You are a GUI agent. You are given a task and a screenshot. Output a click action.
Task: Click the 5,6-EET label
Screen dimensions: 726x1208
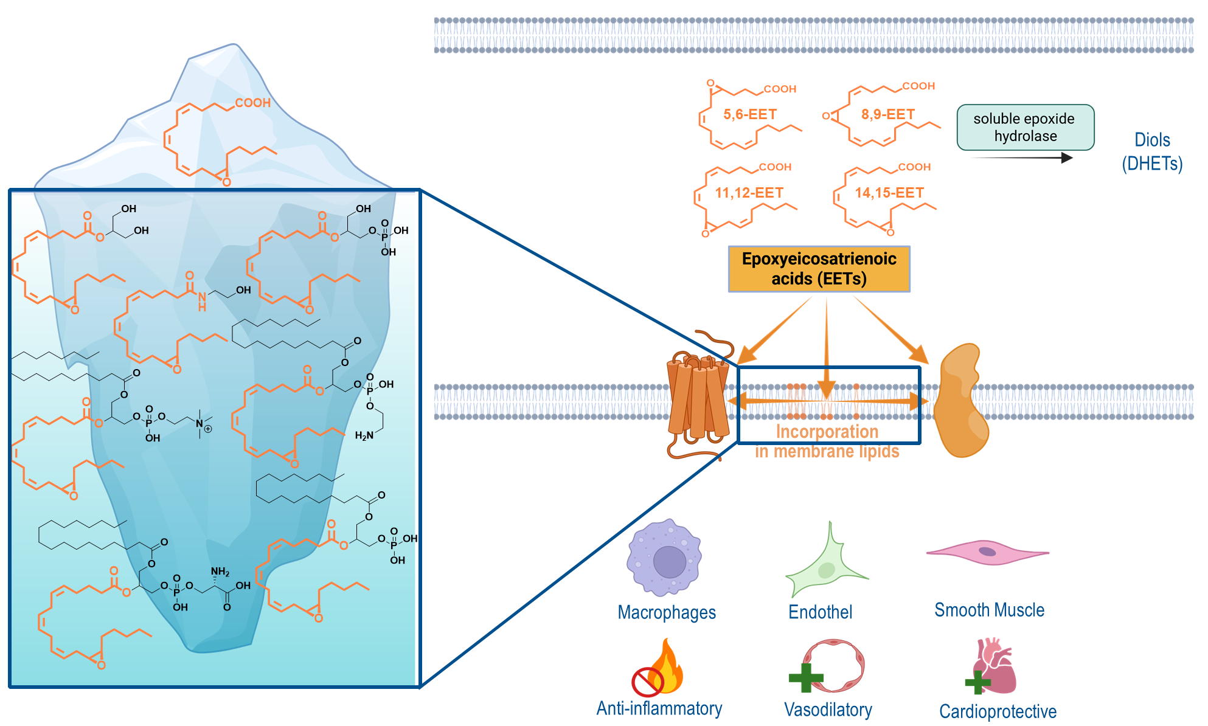tap(749, 114)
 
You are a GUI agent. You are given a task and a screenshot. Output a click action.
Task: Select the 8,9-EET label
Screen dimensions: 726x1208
tap(887, 114)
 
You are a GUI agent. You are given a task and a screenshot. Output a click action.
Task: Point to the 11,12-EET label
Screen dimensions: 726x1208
tap(749, 193)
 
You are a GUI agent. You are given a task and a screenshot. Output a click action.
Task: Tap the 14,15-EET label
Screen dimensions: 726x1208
tap(889, 193)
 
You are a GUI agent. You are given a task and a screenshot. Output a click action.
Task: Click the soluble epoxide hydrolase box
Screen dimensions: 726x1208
tap(1025, 127)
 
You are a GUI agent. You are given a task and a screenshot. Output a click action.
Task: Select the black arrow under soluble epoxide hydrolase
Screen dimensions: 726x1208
tap(1022, 158)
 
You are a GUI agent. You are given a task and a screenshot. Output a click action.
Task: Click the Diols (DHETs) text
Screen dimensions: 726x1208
tap(1152, 151)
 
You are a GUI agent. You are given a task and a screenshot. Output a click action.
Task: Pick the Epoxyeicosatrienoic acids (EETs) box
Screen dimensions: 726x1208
tap(819, 269)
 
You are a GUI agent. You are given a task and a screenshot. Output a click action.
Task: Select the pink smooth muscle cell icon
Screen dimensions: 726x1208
tap(987, 552)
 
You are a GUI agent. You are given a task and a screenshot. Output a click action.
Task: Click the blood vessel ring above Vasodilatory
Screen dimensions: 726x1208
tap(833, 665)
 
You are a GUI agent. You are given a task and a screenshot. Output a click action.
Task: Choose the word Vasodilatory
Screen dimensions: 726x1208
tap(828, 710)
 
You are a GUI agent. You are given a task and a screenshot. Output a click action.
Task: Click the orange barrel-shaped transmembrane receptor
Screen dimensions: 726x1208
tap(698, 398)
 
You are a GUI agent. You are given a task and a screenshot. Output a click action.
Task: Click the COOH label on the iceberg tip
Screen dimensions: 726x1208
tap(252, 103)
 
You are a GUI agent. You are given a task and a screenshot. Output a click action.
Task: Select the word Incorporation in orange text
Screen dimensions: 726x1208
tap(827, 432)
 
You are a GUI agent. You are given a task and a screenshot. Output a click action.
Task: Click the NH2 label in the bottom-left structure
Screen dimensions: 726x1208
tap(220, 572)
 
